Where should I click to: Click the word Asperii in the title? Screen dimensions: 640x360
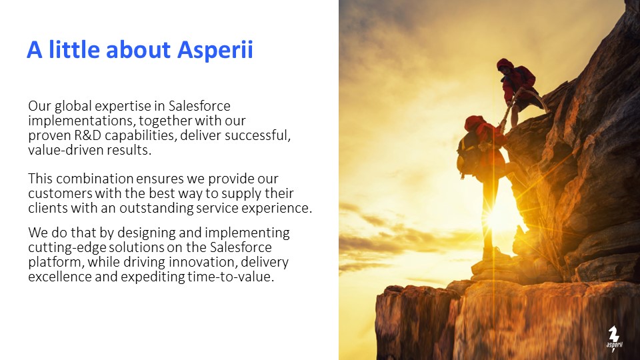click(x=215, y=50)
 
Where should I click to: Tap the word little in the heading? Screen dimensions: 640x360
click(x=74, y=49)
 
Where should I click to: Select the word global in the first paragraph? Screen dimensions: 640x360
click(x=73, y=107)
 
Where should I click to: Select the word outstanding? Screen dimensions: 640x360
click(x=156, y=209)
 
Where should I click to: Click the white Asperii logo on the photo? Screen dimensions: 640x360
click(x=614, y=339)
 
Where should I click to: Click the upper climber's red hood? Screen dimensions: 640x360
click(x=505, y=64)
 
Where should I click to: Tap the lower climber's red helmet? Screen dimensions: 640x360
click(x=474, y=122)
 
